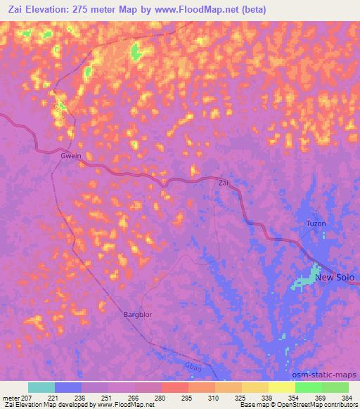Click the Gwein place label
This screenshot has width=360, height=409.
72,156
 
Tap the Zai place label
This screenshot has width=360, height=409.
224,183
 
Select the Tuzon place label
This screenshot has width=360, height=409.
316,223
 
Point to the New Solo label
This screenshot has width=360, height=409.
335,277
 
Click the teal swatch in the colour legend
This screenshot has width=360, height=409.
41,387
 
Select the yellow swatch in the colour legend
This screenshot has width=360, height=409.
282,387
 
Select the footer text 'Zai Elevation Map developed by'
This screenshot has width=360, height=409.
48,405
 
